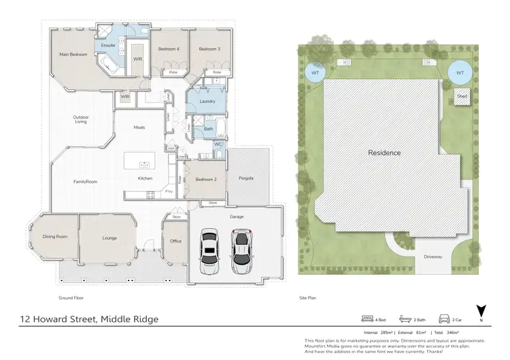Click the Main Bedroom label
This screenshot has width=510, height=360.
(x=73, y=54)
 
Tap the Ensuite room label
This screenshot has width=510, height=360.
(x=108, y=46)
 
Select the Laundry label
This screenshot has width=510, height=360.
(x=208, y=101)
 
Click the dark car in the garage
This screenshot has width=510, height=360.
(x=240, y=250)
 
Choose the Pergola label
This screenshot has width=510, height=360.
(x=246, y=178)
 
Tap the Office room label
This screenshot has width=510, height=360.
(x=175, y=241)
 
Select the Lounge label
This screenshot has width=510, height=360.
(x=109, y=238)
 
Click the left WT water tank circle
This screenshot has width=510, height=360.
(x=315, y=72)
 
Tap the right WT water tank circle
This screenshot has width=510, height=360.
(x=460, y=72)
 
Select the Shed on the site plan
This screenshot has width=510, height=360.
(x=462, y=97)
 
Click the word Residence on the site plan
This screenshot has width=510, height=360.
(x=384, y=153)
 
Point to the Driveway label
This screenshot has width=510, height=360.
(x=433, y=257)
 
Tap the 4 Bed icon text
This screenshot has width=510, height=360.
(x=381, y=318)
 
